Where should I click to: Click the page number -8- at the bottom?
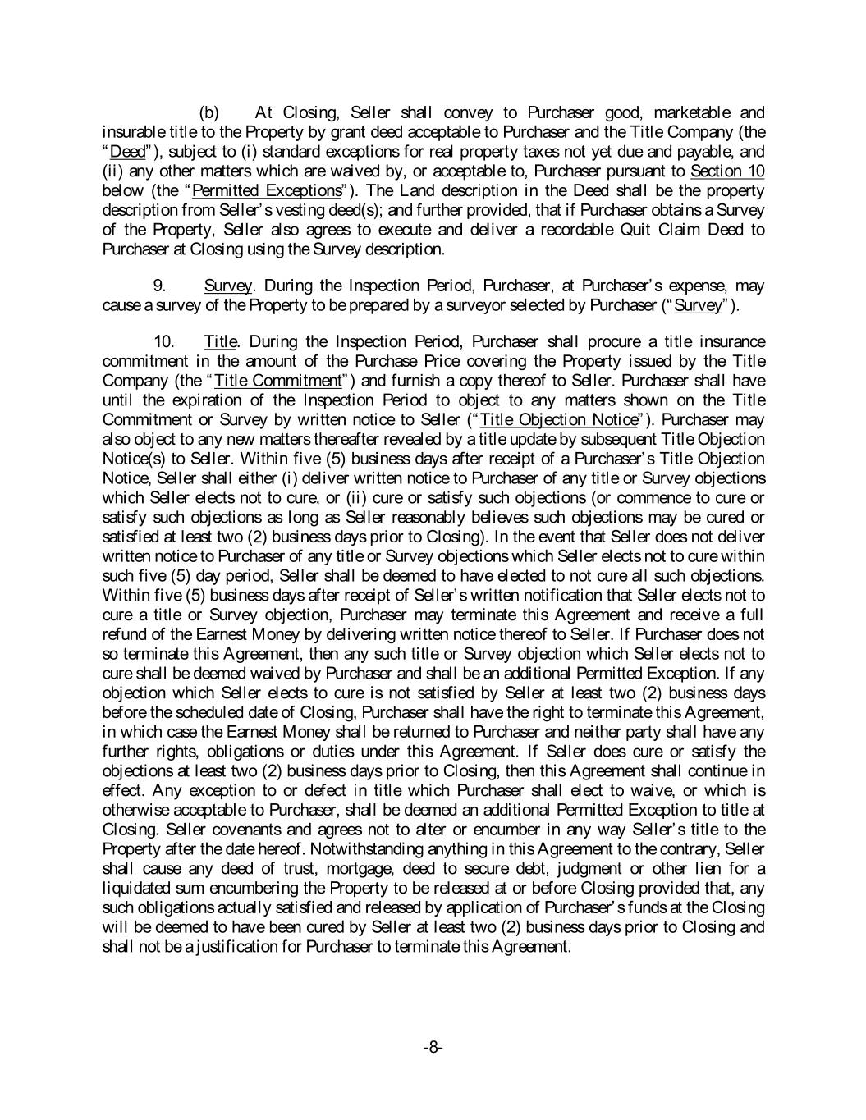pyautogui.click(x=433, y=1047)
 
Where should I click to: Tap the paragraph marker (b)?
pyautogui.click(x=209, y=112)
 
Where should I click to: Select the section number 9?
pyautogui.click(x=161, y=286)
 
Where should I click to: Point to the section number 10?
pyautogui.click(x=164, y=341)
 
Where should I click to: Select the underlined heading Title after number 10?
pyautogui.click(x=221, y=341)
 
